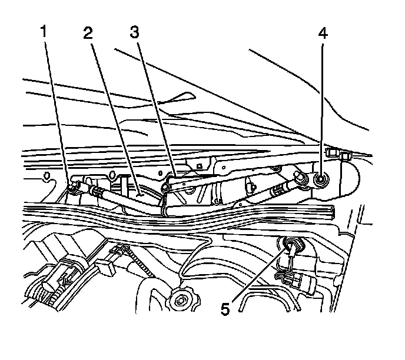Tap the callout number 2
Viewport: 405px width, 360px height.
88,33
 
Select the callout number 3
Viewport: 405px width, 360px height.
134,33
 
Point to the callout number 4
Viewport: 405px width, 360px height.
322,33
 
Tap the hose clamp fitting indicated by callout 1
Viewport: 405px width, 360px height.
75,187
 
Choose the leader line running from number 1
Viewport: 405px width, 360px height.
59,112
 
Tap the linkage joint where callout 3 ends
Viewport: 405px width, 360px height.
167,187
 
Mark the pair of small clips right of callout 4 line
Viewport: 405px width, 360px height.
338,154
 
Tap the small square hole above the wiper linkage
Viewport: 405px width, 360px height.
201,166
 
